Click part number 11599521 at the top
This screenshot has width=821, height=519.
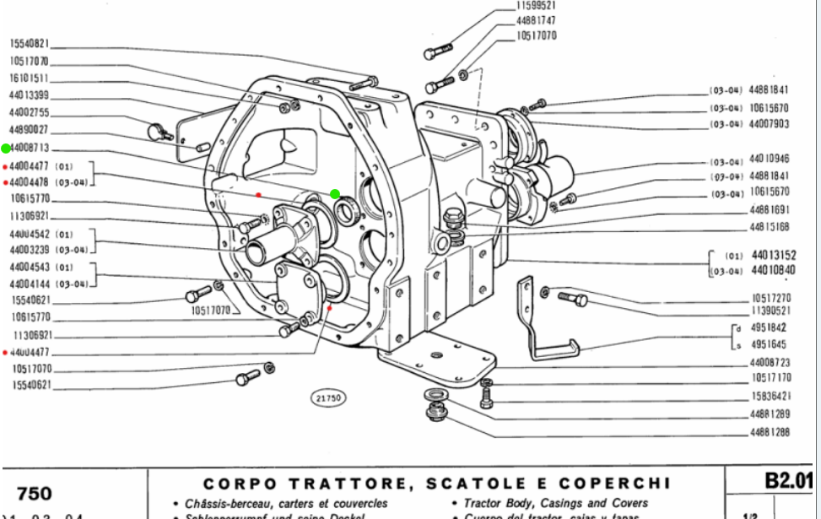tap(536, 6)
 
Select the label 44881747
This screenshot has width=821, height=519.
tap(536, 21)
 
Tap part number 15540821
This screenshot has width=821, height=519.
tap(30, 43)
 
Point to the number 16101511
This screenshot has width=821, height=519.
tap(30, 78)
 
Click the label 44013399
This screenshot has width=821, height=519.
tap(30, 95)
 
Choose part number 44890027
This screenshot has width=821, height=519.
tap(30, 130)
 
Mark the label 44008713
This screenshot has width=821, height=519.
tap(30, 148)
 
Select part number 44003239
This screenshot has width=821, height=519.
tap(30, 250)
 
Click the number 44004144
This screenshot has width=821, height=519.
tap(30, 284)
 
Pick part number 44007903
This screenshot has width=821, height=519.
tap(769, 124)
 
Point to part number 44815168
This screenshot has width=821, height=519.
tap(769, 226)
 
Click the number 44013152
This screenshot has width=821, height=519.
tap(774, 254)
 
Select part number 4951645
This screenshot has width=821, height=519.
tap(769, 344)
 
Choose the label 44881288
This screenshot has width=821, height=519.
tap(769, 433)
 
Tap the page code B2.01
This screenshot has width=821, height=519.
tap(788, 482)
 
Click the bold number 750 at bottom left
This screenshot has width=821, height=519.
tap(34, 493)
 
